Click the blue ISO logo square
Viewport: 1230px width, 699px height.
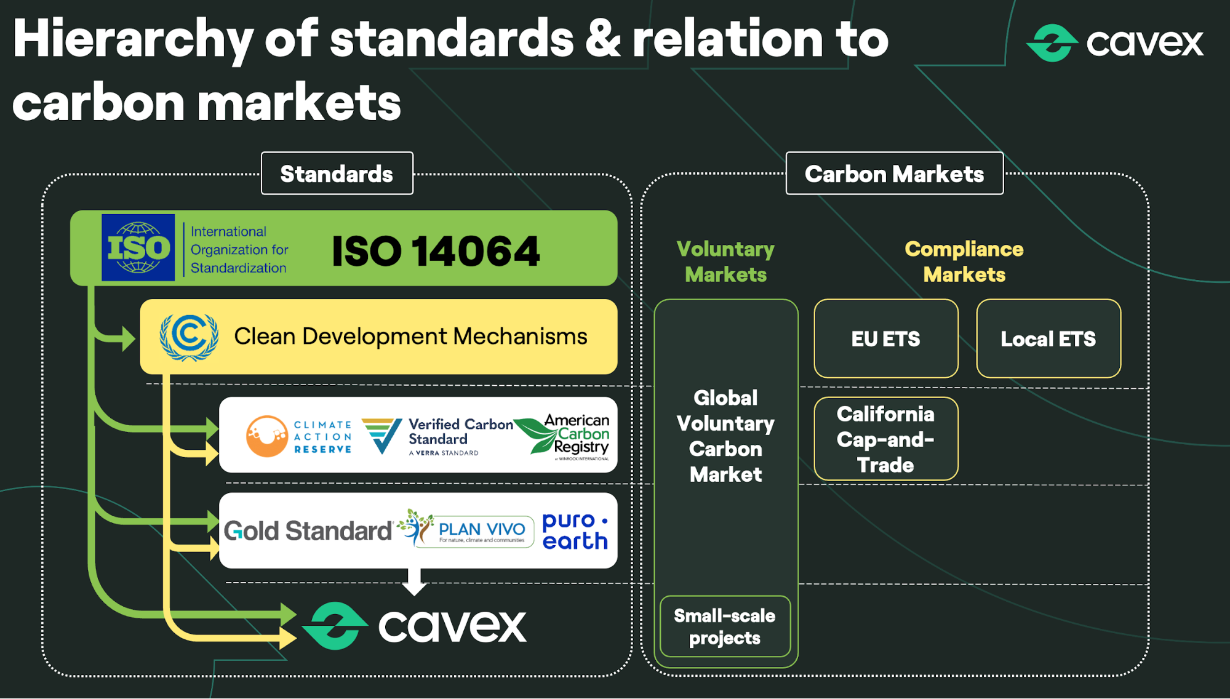coord(138,247)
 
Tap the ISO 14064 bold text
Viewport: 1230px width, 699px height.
coord(436,251)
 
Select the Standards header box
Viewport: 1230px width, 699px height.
coord(337,174)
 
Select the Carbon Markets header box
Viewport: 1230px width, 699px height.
coord(894,174)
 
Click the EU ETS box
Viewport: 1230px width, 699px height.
coord(885,338)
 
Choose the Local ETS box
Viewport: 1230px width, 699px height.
coord(1048,338)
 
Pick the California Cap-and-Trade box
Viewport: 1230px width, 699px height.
coord(885,439)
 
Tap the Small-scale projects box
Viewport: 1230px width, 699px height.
coord(725,626)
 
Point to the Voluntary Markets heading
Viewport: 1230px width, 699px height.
coord(725,262)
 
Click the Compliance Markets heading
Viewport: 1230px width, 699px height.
coord(964,262)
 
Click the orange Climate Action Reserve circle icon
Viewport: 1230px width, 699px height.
coord(267,436)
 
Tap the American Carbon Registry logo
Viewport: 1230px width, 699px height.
coord(563,436)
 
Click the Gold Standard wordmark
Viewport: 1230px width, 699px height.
coord(308,530)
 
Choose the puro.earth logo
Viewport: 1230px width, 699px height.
coord(575,530)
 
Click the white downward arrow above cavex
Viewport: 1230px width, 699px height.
coord(415,581)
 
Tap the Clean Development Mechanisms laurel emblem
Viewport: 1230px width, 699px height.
coord(189,337)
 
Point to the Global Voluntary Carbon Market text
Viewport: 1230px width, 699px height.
coord(725,436)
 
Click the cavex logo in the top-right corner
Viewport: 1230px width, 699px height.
coord(1114,42)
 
